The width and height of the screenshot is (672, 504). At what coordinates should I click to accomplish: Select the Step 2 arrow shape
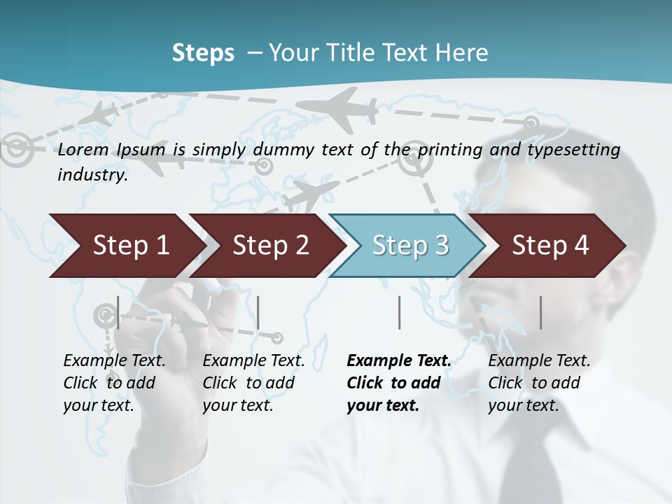(269, 246)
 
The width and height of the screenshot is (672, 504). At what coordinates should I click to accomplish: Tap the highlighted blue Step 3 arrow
(409, 246)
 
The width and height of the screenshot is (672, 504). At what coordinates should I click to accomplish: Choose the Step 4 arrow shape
(549, 246)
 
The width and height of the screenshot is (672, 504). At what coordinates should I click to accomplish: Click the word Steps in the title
(203, 53)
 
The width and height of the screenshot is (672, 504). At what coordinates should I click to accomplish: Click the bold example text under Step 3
(399, 383)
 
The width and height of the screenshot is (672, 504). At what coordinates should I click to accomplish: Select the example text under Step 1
(114, 383)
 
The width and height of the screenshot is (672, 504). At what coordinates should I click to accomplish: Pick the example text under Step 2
(253, 383)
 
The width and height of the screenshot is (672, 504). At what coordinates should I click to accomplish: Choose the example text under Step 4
(539, 383)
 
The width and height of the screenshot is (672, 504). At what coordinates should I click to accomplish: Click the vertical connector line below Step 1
(118, 312)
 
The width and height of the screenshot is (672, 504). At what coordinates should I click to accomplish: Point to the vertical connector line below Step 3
(399, 312)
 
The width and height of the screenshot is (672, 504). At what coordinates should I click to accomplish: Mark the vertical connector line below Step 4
(540, 312)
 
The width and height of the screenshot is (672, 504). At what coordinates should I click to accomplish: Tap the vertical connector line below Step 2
(258, 312)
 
